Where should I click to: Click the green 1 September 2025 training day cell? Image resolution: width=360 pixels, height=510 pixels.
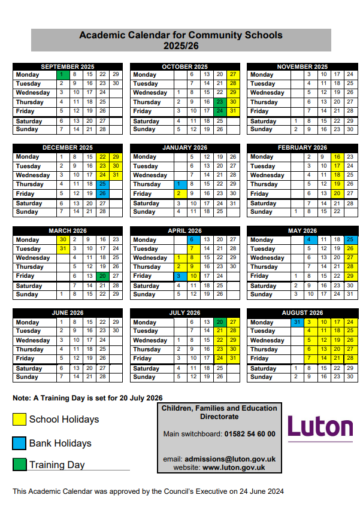tap(62, 75)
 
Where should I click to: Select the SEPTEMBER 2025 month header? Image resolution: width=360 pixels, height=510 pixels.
tap(68, 66)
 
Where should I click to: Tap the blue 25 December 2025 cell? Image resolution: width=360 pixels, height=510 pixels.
tap(102, 184)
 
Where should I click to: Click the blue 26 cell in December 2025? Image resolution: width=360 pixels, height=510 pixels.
tap(102, 193)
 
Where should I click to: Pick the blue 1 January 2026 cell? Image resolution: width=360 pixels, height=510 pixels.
tap(178, 184)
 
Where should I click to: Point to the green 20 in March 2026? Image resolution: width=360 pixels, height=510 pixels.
tap(102, 276)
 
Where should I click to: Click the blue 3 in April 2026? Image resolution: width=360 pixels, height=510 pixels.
tap(178, 276)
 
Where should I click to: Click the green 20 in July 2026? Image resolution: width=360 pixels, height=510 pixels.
tap(219, 322)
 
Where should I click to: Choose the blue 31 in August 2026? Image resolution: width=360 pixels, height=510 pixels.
tap(295, 322)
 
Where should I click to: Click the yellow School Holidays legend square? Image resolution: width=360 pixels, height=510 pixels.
tap(19, 419)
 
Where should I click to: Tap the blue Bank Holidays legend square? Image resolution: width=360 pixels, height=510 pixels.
tap(19, 443)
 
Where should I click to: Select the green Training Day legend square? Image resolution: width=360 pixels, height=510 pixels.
tap(19, 465)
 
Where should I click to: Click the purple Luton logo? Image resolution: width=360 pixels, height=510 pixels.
tap(320, 427)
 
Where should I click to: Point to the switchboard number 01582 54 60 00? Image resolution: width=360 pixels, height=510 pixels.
tap(250, 434)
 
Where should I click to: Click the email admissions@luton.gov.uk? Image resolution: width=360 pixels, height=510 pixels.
tap(238, 459)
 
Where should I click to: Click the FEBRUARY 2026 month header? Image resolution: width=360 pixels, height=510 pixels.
tap(302, 147)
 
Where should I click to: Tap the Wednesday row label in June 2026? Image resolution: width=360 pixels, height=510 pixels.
tap(33, 340)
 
